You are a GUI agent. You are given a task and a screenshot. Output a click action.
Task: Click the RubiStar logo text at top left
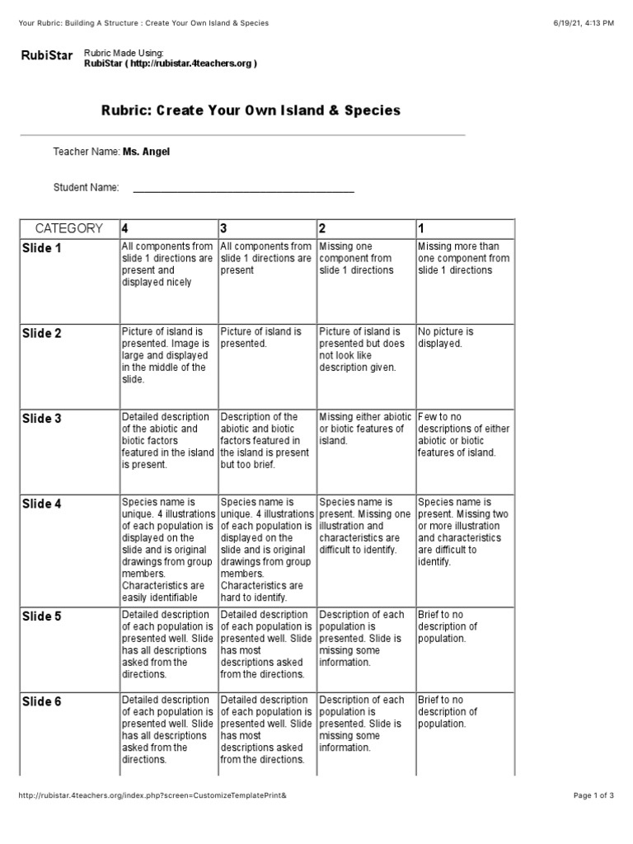[x=46, y=56]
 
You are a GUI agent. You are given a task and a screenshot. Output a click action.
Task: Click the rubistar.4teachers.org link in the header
[x=171, y=64]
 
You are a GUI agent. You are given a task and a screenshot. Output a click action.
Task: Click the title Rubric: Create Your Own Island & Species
[x=251, y=110]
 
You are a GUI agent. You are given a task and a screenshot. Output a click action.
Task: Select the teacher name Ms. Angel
[x=146, y=152]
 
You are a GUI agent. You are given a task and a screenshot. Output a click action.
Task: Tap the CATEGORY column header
[x=68, y=228]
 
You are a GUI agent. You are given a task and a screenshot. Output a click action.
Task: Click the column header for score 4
[x=125, y=228]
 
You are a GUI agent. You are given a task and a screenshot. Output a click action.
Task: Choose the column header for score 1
[x=422, y=228]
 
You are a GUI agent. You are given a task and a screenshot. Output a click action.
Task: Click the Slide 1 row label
[x=41, y=248]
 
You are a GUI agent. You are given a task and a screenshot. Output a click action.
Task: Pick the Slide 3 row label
[x=41, y=419]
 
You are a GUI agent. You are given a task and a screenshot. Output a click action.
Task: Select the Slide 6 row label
[x=41, y=702]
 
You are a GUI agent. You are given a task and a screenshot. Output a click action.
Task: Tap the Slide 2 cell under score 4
[x=166, y=355]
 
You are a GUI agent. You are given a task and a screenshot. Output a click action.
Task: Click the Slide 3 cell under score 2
[x=365, y=429]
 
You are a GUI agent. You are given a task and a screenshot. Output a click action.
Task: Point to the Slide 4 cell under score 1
[x=463, y=532]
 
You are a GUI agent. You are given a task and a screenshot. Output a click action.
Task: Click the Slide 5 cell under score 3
[x=265, y=645]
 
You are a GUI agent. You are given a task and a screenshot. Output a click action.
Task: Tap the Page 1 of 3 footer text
[x=593, y=795]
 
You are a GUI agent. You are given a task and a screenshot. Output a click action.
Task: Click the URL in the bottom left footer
[x=152, y=795]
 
